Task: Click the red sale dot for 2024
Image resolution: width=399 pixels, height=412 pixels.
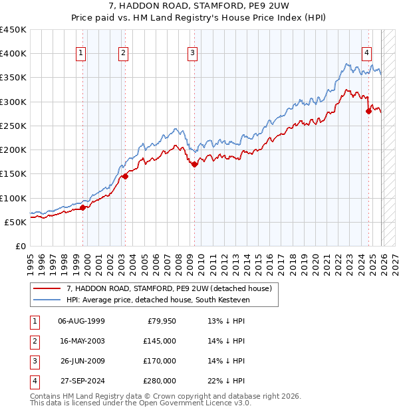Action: click(x=368, y=112)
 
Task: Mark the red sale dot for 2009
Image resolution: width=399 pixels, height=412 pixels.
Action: click(x=194, y=164)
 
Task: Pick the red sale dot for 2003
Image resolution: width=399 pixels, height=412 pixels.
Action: click(x=125, y=176)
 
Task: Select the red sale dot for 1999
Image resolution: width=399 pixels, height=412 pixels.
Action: click(x=83, y=207)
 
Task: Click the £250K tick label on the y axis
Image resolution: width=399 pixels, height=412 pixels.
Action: click(x=13, y=126)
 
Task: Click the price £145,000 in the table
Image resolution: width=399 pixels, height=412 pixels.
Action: click(x=160, y=340)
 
